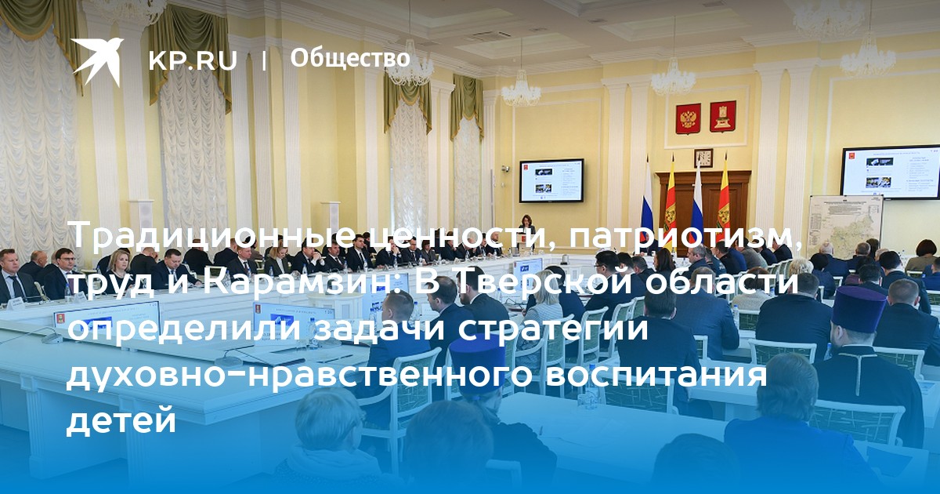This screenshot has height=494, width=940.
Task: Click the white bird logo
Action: [96, 61]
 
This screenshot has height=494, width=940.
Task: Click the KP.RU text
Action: [193, 60]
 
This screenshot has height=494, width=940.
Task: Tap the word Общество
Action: [350, 58]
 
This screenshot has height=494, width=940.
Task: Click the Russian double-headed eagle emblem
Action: [688, 118]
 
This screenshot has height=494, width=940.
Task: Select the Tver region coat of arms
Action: [722, 116]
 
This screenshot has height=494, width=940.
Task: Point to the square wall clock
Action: [703, 158]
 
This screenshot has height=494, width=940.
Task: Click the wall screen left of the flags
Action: [551, 180]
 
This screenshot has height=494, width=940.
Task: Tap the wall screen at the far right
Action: [890, 173]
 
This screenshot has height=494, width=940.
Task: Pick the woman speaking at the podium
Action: [526, 231]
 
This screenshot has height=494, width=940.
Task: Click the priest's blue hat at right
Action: [858, 310]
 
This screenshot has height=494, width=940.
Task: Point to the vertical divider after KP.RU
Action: [264, 61]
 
